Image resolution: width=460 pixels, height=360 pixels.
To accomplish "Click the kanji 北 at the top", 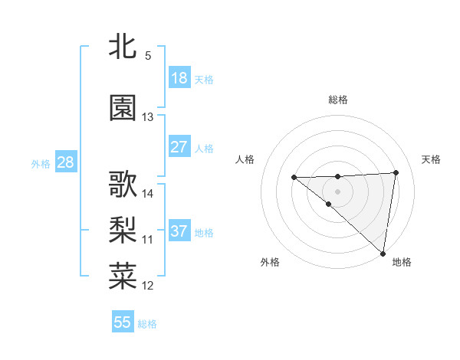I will pos(123,47).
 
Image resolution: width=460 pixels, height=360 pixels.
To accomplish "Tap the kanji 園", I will pos(123,108).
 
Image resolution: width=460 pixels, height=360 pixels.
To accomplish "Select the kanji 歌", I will pos(123,185).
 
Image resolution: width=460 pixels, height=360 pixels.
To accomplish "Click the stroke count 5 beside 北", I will pos(147,56).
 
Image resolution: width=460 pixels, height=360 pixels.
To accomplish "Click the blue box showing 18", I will pos(179,78).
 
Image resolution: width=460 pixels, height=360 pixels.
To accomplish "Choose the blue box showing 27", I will pos(179,147).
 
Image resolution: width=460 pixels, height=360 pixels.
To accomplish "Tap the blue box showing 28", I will pos(65,162).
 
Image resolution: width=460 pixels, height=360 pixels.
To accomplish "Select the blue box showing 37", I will pos(179,231).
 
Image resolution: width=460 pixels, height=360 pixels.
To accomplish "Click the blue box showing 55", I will pos(123,322).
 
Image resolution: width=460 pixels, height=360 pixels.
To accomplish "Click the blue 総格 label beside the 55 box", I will pos(147,324).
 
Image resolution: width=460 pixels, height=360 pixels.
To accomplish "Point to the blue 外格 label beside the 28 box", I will pos(41,164).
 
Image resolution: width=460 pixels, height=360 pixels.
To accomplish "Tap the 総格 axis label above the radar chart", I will pos(337,100).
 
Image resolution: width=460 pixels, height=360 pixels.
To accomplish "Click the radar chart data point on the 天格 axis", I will pos(396,172).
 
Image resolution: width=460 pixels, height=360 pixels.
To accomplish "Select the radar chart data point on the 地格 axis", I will pos(383,254).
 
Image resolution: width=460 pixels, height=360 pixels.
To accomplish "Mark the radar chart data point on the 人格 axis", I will pos(294,178).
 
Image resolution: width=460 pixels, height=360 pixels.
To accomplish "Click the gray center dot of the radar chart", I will pos(337,189).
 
